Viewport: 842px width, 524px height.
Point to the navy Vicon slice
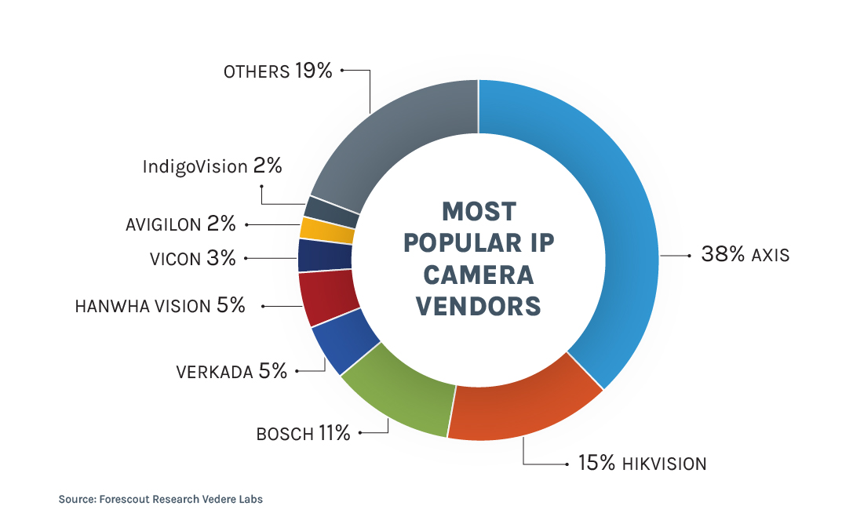tap(325, 255)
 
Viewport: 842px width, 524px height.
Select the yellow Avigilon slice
tap(327, 229)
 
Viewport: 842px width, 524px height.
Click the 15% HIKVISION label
tap(642, 464)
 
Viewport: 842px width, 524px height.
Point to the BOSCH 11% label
tap(303, 433)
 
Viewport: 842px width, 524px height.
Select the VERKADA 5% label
tap(231, 371)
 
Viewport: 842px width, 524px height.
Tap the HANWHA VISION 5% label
tap(160, 306)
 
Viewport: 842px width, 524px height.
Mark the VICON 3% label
tap(192, 258)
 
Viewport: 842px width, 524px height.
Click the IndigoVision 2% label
tap(212, 166)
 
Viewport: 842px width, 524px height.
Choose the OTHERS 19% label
tap(278, 71)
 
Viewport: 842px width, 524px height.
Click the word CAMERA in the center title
tap(479, 274)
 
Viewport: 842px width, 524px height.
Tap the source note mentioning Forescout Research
tap(160, 499)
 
